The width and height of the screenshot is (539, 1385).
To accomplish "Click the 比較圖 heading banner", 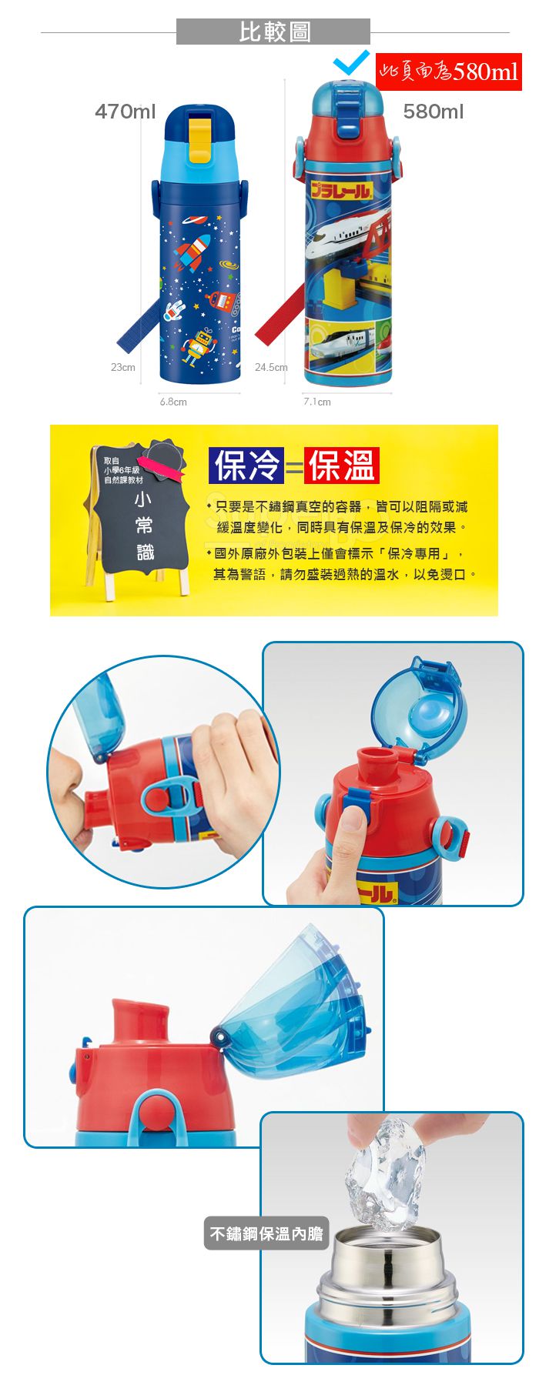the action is coord(273,32).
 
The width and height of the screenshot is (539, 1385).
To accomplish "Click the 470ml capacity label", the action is coord(126,112).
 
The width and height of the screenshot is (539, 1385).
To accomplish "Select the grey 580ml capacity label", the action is coord(434,112).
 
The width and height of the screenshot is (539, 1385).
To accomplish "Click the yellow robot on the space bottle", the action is coord(199,345).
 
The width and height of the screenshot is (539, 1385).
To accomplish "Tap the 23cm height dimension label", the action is coord(123,368).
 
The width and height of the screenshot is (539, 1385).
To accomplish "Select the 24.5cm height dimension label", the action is coord(271,368).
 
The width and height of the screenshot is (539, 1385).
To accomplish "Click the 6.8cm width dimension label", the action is coord(173,402).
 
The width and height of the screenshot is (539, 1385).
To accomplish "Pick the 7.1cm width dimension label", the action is coord(317,402).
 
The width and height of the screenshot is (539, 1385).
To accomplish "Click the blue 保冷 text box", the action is coord(246,466).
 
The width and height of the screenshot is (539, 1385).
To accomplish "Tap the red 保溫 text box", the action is coord(341,466).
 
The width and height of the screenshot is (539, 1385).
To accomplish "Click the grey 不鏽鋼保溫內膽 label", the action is coord(266,1233).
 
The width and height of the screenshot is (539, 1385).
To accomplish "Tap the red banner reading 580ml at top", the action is coord(449,72).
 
